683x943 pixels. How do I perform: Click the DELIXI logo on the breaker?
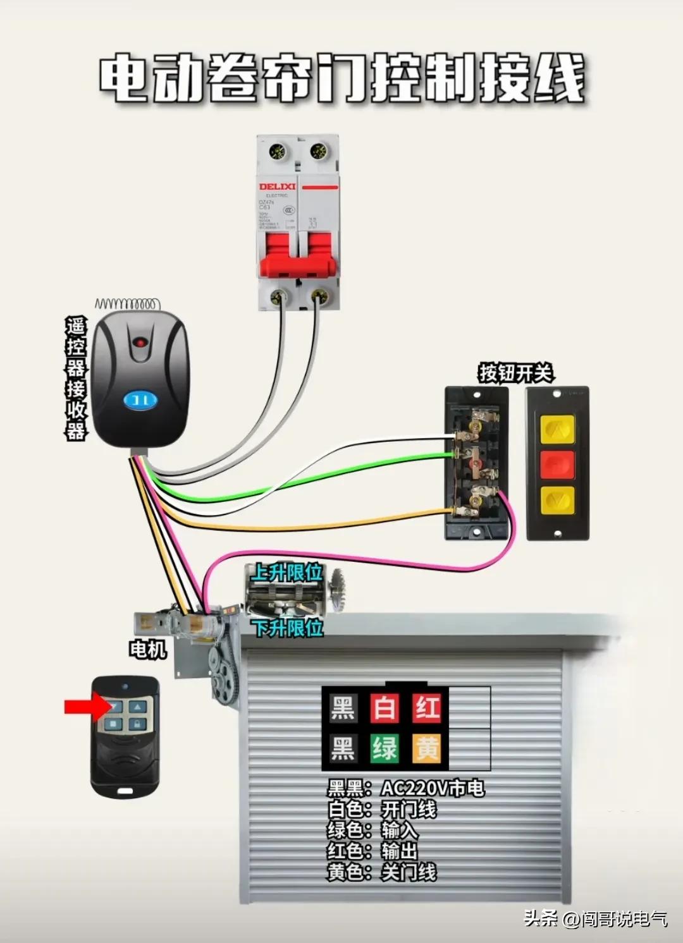(277, 186)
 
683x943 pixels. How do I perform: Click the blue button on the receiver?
(140, 400)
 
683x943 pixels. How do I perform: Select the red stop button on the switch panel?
(557, 465)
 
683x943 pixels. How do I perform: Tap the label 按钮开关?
(515, 373)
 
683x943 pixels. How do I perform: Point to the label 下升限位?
(288, 628)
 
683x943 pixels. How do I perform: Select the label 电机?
(147, 648)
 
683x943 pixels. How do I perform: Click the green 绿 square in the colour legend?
(385, 748)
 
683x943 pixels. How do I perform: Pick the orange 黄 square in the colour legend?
(427, 748)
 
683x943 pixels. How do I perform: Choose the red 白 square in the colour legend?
(385, 708)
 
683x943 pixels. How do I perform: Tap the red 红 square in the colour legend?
(427, 708)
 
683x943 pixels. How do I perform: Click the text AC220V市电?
(433, 788)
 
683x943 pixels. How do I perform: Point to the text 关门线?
(409, 872)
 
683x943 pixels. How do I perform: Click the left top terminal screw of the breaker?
(276, 152)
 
